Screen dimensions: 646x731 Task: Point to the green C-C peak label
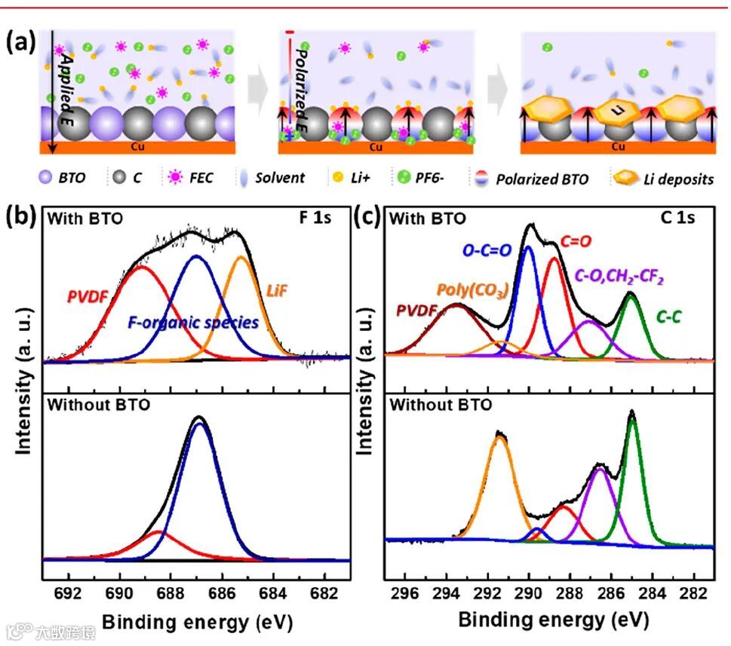click(668, 317)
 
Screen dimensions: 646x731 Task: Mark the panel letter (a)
click(21, 42)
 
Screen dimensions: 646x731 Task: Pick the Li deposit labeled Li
click(618, 111)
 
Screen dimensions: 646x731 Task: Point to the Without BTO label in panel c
click(440, 405)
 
